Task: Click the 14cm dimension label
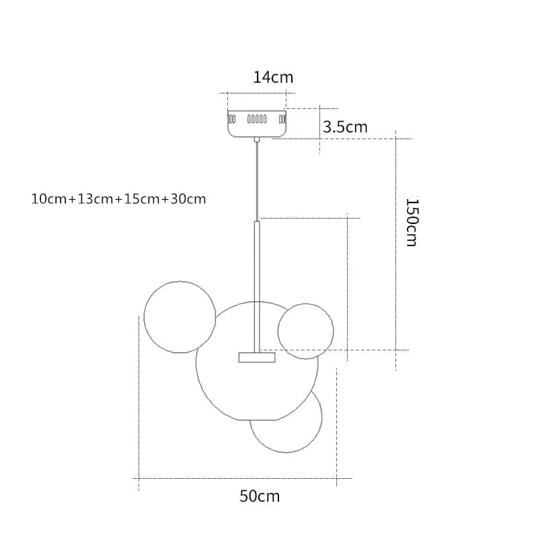pos(273,77)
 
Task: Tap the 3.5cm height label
pos(345,127)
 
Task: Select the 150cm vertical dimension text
pos(412,223)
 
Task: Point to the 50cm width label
pos(260,496)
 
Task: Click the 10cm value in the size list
pos(48,199)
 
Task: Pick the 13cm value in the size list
pos(95,199)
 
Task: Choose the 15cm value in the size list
pos(142,199)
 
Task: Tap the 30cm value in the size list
pos(188,199)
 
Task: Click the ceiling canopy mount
pos(257,124)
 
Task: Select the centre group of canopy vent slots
pos(257,119)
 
